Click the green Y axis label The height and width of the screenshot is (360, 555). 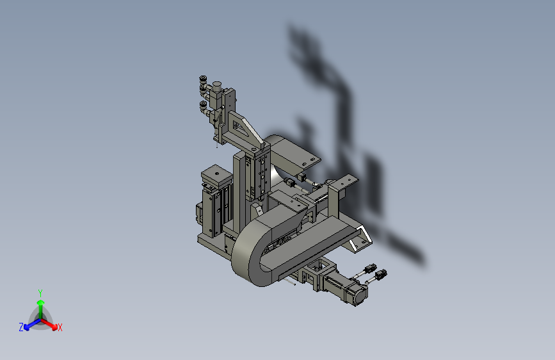pyautogui.click(x=40, y=293)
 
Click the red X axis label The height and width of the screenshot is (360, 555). pyautogui.click(x=60, y=327)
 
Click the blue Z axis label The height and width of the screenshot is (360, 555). pyautogui.click(x=21, y=327)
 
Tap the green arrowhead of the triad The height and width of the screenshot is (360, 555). pyautogui.click(x=41, y=302)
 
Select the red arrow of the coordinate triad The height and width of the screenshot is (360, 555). pyautogui.click(x=49, y=324)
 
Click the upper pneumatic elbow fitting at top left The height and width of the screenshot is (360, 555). pyautogui.click(x=204, y=84)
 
